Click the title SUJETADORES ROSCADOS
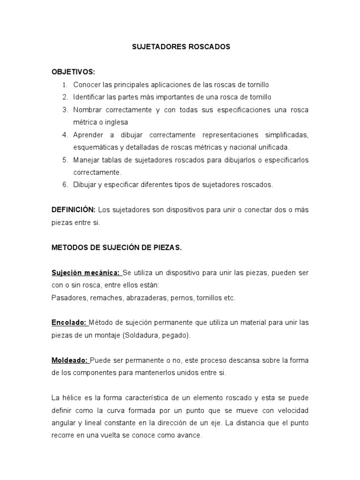coord(180,47)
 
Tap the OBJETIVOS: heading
coord(73,72)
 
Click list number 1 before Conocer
coord(65,85)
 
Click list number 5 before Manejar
coord(65,160)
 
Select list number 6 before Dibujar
coord(65,185)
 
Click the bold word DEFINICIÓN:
coord(74,210)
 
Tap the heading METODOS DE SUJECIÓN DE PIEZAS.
coord(116,247)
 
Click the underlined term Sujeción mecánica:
coord(86,273)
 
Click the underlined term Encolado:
coord(69,323)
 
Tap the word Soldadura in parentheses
coord(140,336)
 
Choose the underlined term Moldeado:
coord(70,360)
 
